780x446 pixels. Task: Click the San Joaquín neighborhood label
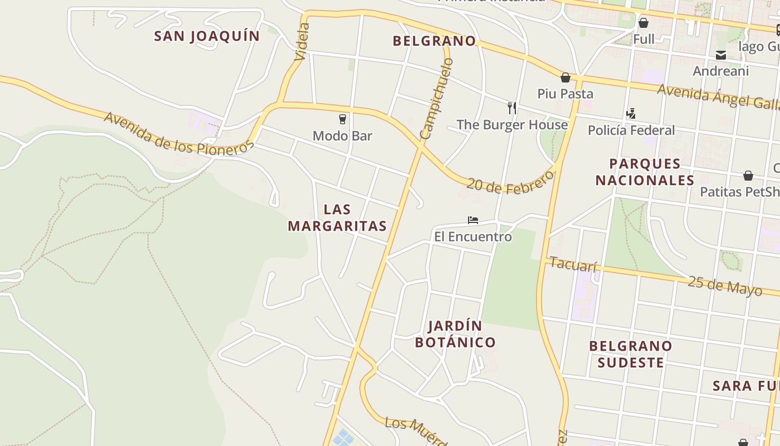207,36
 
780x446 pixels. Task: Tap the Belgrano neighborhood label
434,41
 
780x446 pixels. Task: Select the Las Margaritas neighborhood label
337,217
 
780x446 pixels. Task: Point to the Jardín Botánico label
455,333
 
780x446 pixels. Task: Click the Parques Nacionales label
645,172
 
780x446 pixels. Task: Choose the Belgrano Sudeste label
630,354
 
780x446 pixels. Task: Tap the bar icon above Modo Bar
343,119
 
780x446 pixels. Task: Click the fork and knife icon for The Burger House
511,108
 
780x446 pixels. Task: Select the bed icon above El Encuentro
473,220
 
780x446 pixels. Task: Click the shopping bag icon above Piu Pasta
565,77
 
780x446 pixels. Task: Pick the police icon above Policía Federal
631,114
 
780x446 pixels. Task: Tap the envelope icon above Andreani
721,55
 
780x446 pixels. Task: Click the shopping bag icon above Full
643,23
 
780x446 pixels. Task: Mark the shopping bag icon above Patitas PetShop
748,176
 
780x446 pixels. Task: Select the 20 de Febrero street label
510,182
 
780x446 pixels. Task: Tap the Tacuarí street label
573,264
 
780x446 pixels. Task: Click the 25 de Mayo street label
724,285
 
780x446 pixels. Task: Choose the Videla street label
301,42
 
